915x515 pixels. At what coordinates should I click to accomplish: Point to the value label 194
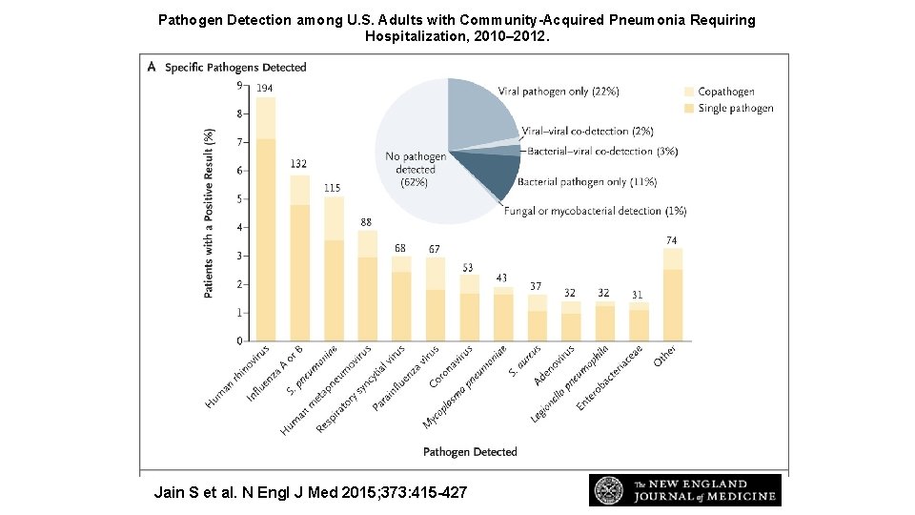point(264,88)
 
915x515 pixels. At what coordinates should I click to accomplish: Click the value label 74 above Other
point(673,240)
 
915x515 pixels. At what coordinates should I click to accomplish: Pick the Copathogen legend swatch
point(689,92)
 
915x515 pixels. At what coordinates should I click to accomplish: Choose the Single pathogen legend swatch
point(689,109)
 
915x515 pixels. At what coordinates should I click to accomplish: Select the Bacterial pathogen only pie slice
point(491,174)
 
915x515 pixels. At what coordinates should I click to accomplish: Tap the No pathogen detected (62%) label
point(415,169)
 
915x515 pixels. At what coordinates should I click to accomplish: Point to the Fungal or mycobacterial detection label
point(595,211)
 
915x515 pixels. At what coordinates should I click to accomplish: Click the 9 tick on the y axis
point(238,86)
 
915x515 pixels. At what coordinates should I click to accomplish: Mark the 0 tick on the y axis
point(238,340)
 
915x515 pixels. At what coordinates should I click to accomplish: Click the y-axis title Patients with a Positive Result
point(209,213)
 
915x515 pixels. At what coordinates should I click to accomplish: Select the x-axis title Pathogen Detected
point(470,451)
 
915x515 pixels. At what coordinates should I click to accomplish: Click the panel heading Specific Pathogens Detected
point(235,68)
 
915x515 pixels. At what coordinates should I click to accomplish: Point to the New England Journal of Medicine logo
point(684,490)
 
